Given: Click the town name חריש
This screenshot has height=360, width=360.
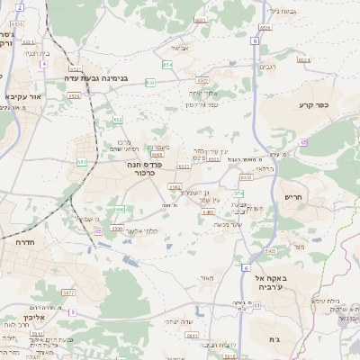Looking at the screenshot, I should (294, 196).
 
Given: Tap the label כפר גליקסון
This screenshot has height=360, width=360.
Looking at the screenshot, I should (202, 105).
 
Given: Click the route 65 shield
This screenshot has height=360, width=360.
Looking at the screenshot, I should (303, 142).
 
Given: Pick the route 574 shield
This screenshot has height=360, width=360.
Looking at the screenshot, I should (238, 193).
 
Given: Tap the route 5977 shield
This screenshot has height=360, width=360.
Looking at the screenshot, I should (68, 292).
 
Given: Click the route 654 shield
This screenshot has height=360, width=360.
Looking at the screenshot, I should (166, 65).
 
